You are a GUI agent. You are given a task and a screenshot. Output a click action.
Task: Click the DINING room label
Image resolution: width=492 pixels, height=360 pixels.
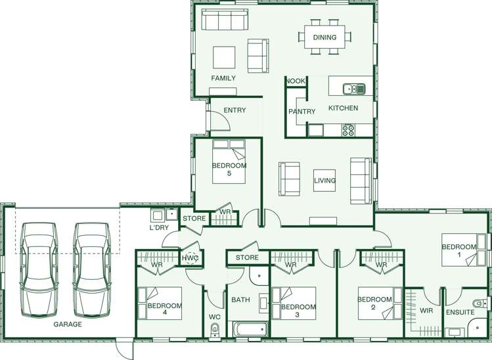pos(324,37)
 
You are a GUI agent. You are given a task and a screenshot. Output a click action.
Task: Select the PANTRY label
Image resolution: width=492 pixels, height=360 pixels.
pos(302,112)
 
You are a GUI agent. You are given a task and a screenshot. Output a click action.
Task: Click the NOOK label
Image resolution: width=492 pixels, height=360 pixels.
pos(296,81)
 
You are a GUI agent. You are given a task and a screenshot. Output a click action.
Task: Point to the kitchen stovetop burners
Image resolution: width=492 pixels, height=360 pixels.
pos(348,130)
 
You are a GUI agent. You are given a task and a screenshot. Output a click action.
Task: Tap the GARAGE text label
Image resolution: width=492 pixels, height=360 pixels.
pos(68,324)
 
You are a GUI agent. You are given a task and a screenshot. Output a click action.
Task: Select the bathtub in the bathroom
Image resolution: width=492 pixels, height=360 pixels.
pos(250,328)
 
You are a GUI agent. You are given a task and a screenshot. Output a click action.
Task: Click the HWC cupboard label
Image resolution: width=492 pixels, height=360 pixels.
pos(190,259)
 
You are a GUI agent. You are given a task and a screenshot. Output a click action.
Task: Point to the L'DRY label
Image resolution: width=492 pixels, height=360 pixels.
pos(160,227)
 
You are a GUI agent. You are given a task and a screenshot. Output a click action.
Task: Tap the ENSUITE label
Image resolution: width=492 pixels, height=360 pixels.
pos(460,312)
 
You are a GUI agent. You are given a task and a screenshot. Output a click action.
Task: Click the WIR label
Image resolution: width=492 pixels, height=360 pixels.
pos(426,311)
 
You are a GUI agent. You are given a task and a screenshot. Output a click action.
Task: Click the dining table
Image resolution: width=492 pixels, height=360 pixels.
pos(324,37)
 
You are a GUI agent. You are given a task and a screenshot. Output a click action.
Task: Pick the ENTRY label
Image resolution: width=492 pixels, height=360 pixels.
pos(235,110)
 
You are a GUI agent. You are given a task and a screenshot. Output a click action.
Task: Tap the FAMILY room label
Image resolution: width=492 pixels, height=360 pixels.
pos(223,78)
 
